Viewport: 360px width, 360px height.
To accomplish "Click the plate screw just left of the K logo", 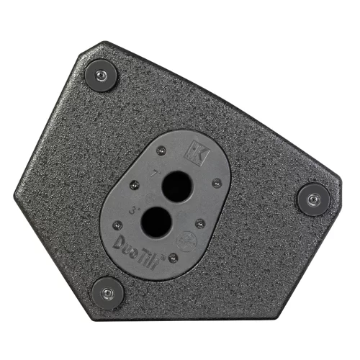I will (161, 150).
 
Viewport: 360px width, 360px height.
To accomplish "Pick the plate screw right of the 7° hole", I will (216, 183).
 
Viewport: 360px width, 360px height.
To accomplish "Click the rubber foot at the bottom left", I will (107, 292).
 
